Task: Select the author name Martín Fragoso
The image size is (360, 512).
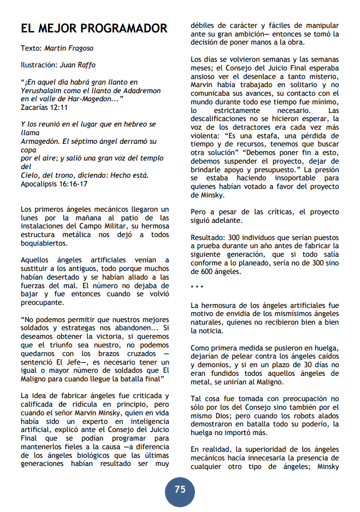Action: click(x=69, y=49)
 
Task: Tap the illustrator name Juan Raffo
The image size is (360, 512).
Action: click(x=77, y=65)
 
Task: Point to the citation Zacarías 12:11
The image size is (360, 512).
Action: click(x=45, y=107)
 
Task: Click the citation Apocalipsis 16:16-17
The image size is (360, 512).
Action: click(x=54, y=183)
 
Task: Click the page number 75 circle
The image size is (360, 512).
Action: click(x=180, y=490)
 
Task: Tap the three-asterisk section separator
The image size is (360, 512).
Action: click(x=197, y=288)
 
